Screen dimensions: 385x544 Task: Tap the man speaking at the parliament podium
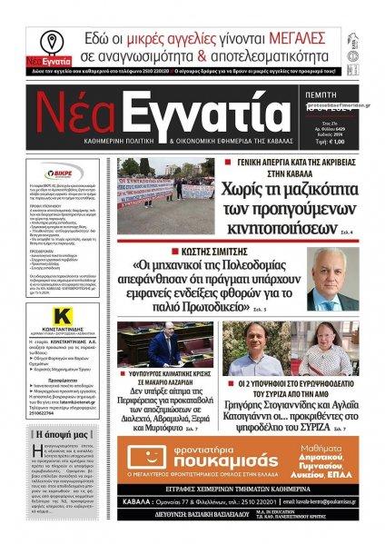point(166,346)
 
